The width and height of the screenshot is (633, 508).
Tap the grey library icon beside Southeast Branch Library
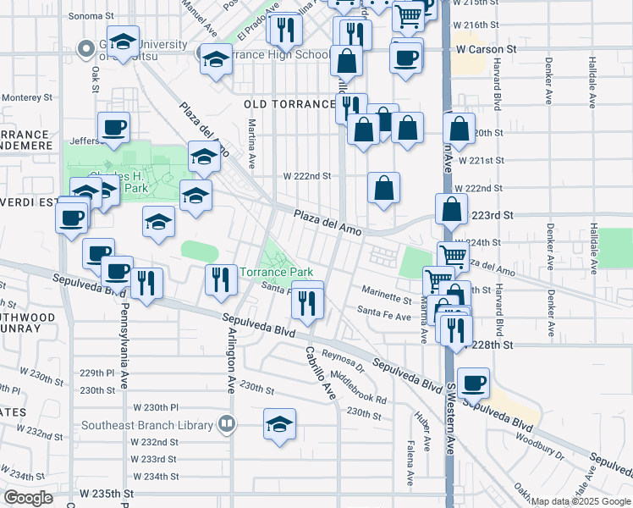[226, 424]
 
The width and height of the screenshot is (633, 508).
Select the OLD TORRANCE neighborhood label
[289, 104]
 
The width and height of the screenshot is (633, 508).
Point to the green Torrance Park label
[277, 273]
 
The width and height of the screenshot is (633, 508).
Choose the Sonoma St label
[90, 16]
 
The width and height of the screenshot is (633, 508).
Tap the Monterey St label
[26, 97]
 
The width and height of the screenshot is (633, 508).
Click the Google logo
[28, 498]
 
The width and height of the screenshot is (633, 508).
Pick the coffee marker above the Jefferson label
[113, 127]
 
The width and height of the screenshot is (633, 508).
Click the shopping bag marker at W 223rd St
[452, 209]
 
